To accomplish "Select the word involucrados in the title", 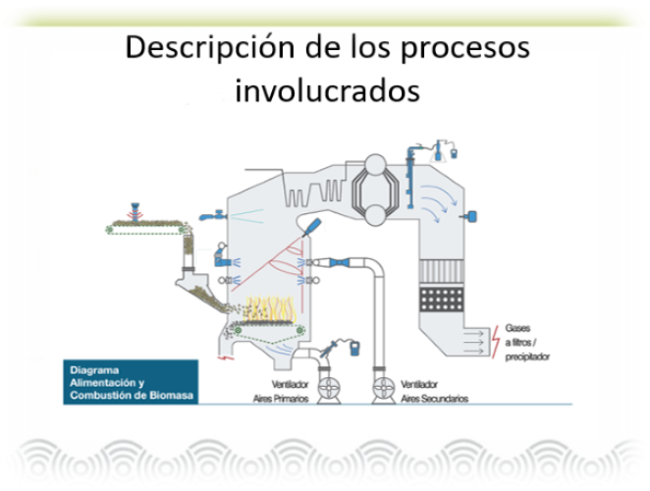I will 327,89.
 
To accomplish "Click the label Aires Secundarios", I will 434,401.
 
